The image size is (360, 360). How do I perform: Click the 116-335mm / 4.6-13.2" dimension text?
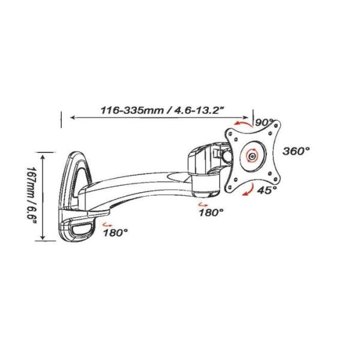pyautogui.click(x=163, y=110)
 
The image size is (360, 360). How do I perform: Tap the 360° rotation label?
pyautogui.click(x=296, y=151)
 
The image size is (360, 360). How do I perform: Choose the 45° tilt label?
pyautogui.click(x=267, y=190)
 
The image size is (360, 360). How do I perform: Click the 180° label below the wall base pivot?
pyautogui.click(x=115, y=233)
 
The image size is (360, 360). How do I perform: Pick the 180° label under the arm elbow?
pyautogui.click(x=211, y=212)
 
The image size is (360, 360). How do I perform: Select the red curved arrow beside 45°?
pyautogui.click(x=249, y=190)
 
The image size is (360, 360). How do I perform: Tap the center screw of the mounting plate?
pyautogui.click(x=253, y=157)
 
